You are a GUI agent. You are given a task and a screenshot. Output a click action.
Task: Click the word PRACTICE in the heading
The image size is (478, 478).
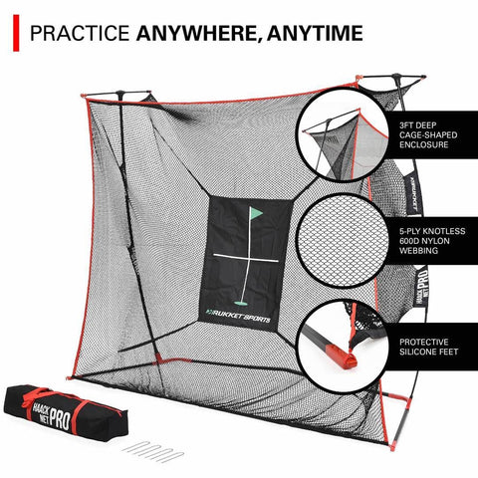pos(72,35)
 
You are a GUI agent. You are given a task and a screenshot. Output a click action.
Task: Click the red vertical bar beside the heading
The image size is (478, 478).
pos(13,33)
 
